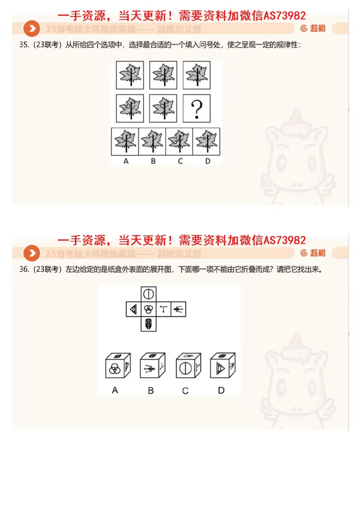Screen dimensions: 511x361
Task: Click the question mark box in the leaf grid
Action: click(196, 108)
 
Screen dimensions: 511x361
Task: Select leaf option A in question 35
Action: click(125, 141)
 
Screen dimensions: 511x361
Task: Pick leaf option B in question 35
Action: click(152, 141)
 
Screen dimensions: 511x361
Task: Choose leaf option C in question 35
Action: click(179, 141)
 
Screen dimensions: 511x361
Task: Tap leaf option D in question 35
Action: click(206, 141)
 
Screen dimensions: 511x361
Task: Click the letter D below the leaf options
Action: click(208, 161)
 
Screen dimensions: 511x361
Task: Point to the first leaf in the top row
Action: click(130, 75)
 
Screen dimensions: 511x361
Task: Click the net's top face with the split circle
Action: click(148, 294)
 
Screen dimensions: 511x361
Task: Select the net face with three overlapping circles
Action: click(148, 309)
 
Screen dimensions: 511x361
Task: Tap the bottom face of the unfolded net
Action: click(148, 324)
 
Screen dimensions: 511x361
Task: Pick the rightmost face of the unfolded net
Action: click(179, 309)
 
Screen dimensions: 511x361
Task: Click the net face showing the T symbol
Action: click(164, 309)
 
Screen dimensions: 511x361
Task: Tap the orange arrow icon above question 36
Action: click(32, 253)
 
